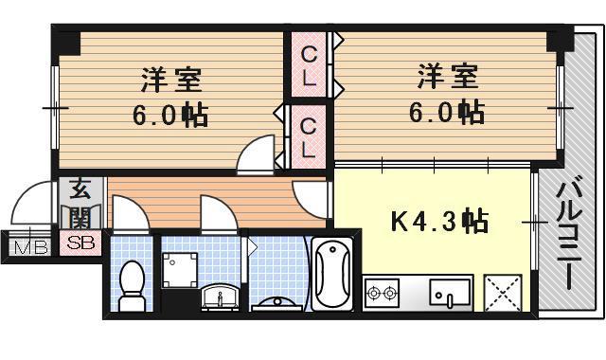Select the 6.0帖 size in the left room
170,117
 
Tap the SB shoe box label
78,244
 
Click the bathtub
331,276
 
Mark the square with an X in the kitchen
502,292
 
